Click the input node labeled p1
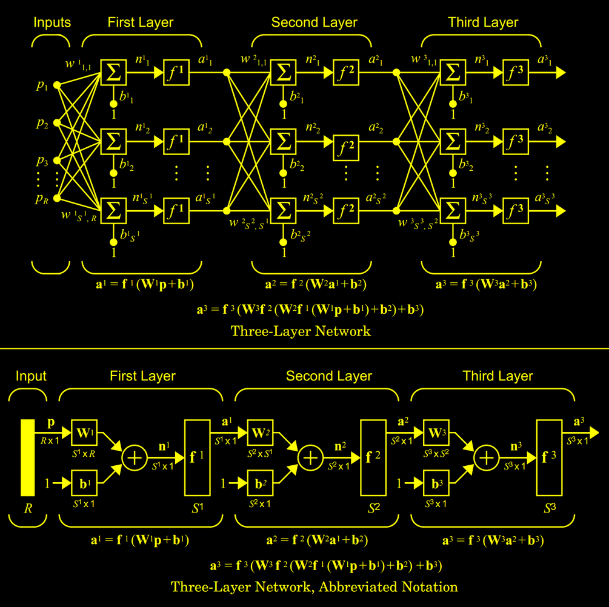57,85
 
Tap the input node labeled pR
57,197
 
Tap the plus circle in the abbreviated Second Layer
310,458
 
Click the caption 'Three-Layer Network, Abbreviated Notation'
314,587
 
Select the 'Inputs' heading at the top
52,23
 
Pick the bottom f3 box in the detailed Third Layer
516,210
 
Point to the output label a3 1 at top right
545,59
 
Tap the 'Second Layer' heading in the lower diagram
329,376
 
